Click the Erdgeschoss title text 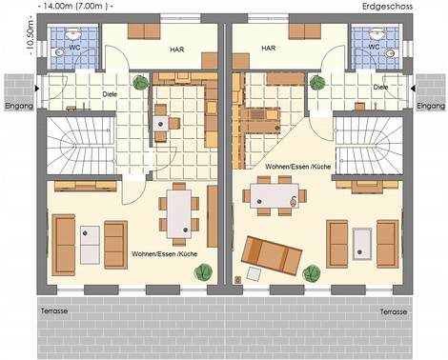point(387,7)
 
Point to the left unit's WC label point(74,48)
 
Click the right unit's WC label point(374,47)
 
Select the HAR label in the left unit point(177,50)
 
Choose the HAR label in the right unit point(269,49)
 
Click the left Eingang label point(19,106)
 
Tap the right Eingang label point(431,106)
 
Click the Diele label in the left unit point(110,94)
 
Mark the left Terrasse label point(54,310)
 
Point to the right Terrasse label point(394,311)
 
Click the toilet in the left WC point(58,52)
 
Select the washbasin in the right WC point(377,33)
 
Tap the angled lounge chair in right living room point(272,255)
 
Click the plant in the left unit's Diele point(141,82)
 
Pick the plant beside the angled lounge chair point(312,273)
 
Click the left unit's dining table point(179,213)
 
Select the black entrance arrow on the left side point(37,89)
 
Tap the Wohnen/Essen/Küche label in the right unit point(298,167)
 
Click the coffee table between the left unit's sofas point(90,245)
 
